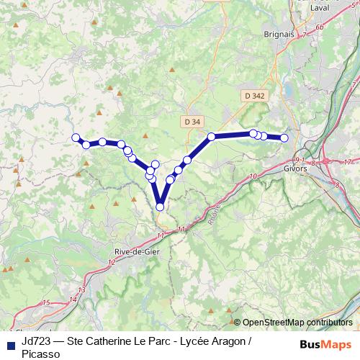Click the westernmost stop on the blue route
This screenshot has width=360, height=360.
point(75,138)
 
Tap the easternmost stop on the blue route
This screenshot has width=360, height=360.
point(284,138)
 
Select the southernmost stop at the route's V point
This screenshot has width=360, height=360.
point(160,207)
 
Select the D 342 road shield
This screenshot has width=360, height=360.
point(254,95)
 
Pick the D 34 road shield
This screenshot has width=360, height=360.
point(192,122)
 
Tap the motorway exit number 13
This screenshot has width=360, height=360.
point(81,289)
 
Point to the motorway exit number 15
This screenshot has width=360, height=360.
point(46,303)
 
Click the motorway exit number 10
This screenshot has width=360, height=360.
point(252,176)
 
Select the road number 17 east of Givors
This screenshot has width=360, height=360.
point(346,161)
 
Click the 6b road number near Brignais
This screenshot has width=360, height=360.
point(320,27)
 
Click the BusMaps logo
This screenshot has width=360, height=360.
point(325,344)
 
